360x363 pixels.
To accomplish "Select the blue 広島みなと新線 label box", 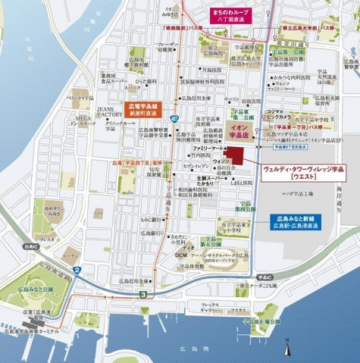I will click(296, 221).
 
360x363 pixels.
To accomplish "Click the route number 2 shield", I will click(76, 270).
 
